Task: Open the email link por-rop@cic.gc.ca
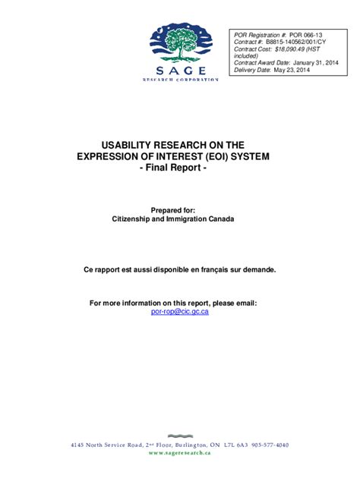180,311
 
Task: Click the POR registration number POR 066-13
306,35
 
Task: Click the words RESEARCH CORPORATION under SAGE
180,79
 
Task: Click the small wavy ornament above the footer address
179,436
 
